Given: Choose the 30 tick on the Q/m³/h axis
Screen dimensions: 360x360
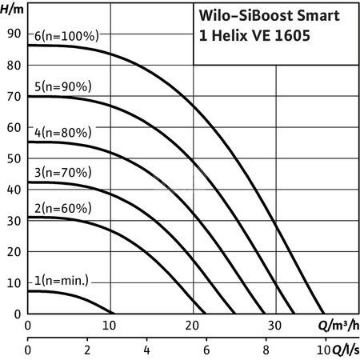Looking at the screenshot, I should [x=274, y=326].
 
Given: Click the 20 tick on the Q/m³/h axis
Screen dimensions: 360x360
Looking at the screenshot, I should [x=192, y=326].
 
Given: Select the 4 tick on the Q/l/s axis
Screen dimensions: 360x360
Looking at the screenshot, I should [x=147, y=350].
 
